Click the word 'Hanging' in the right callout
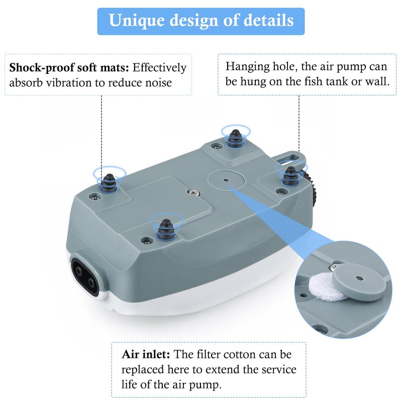point(247,67)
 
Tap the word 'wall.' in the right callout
point(377,81)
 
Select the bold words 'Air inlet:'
point(146,354)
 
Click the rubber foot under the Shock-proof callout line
point(110,183)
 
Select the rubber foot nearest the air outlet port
point(166,230)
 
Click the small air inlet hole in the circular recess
point(226,180)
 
